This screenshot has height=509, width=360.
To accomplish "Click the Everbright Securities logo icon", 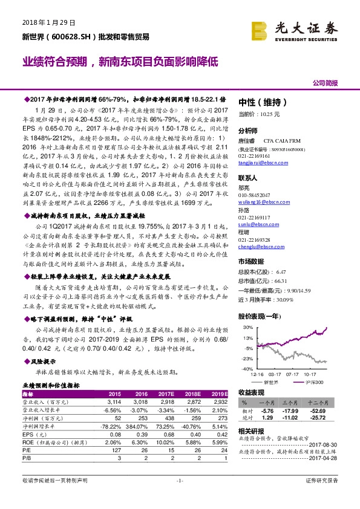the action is click(x=261, y=28).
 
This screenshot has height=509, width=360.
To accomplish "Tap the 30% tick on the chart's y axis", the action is click(x=247, y=328).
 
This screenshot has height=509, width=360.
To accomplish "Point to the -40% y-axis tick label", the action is click(x=246, y=368).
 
